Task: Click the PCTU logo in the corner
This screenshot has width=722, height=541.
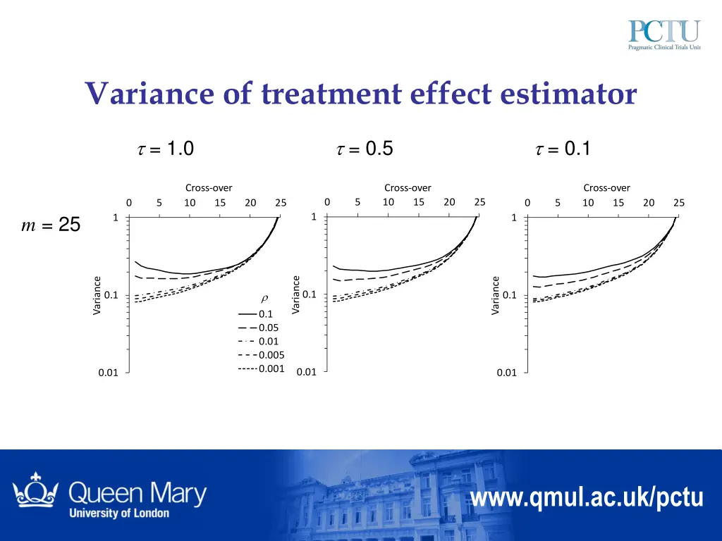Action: pyautogui.click(x=663, y=36)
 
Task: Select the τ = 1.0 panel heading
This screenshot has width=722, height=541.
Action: pyautogui.click(x=164, y=149)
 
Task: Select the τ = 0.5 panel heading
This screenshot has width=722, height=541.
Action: pyautogui.click(x=364, y=149)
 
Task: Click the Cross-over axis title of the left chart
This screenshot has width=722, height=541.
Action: pyautogui.click(x=209, y=187)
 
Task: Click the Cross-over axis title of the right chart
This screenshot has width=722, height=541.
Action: pyautogui.click(x=606, y=187)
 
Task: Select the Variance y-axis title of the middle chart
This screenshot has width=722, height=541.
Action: pyautogui.click(x=296, y=295)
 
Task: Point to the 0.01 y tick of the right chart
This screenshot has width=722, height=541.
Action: pyautogui.click(x=506, y=373)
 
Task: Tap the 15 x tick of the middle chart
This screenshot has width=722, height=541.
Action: pyautogui.click(x=418, y=203)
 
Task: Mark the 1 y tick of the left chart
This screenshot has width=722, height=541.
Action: pyautogui.click(x=115, y=218)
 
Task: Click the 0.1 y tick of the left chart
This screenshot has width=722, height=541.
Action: pyautogui.click(x=111, y=295)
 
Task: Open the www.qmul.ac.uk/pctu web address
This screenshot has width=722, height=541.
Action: pyautogui.click(x=587, y=498)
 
